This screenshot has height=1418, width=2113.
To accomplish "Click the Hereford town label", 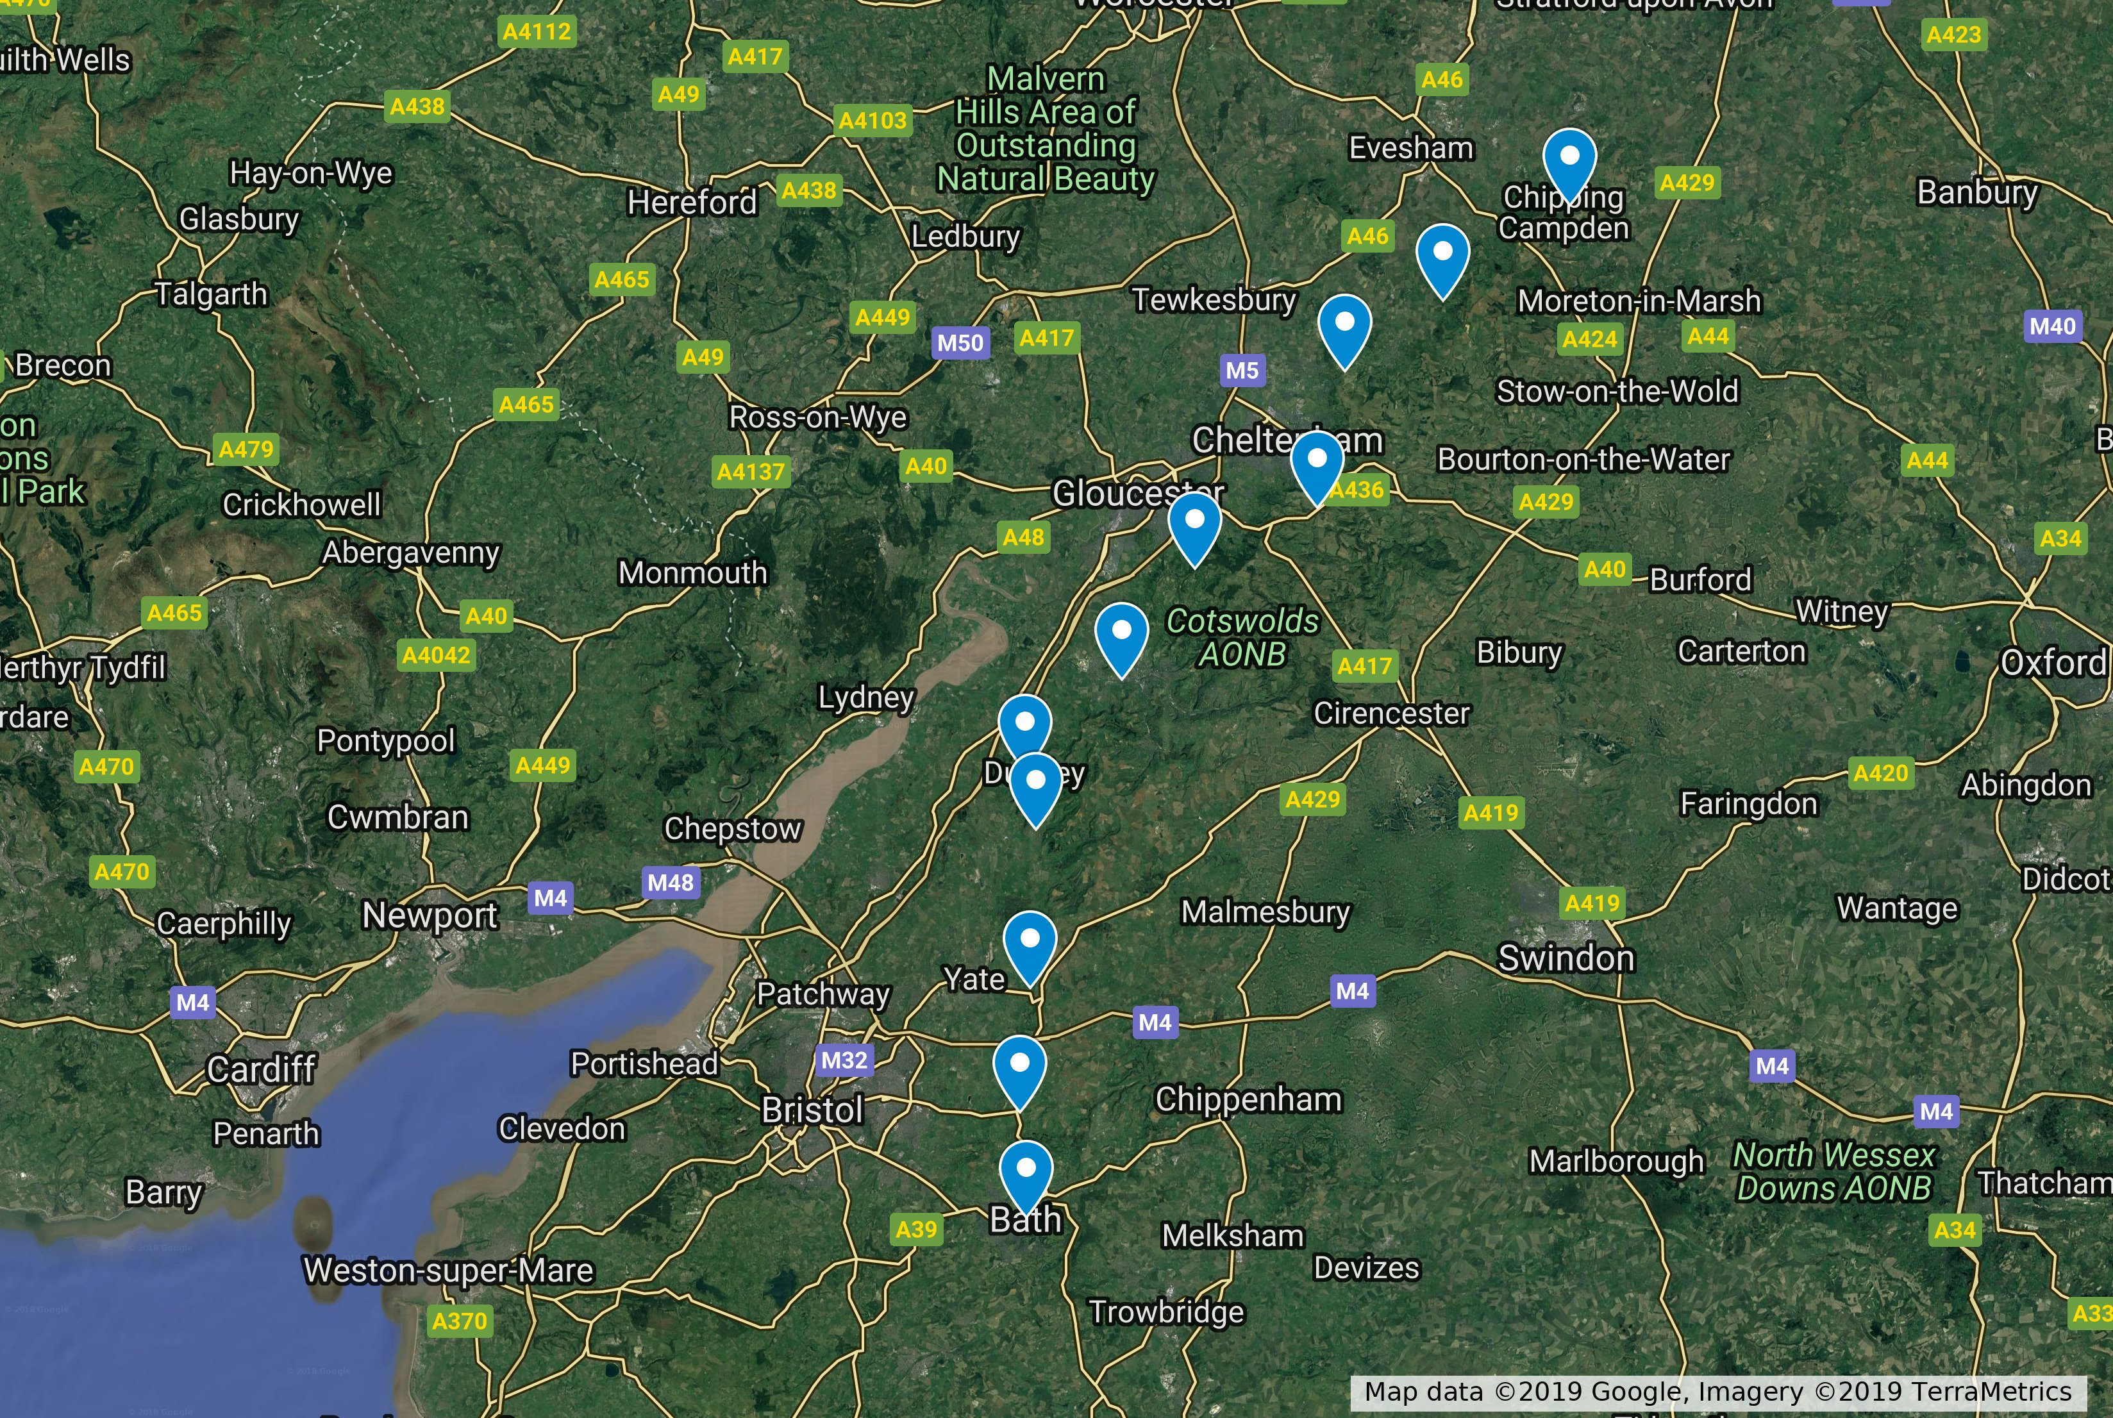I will (x=692, y=202).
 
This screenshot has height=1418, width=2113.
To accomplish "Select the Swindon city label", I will (x=1566, y=958).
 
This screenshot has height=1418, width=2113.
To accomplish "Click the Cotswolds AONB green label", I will (x=1242, y=637).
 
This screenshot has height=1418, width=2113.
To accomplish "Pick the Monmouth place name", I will (x=692, y=572).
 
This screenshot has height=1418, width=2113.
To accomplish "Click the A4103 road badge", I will (x=872, y=121).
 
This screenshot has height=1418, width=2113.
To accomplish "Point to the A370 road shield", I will (x=459, y=1321).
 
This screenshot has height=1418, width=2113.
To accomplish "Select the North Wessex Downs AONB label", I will (x=1833, y=1171).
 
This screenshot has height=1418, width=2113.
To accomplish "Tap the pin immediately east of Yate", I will (x=1030, y=943).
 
